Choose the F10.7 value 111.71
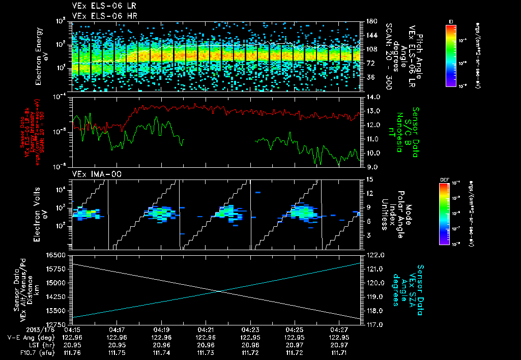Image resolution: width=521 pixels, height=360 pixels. coord(339,352)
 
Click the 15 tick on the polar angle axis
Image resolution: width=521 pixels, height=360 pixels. coord(369,179)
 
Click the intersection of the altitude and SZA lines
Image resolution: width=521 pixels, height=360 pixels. coord(218,291)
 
